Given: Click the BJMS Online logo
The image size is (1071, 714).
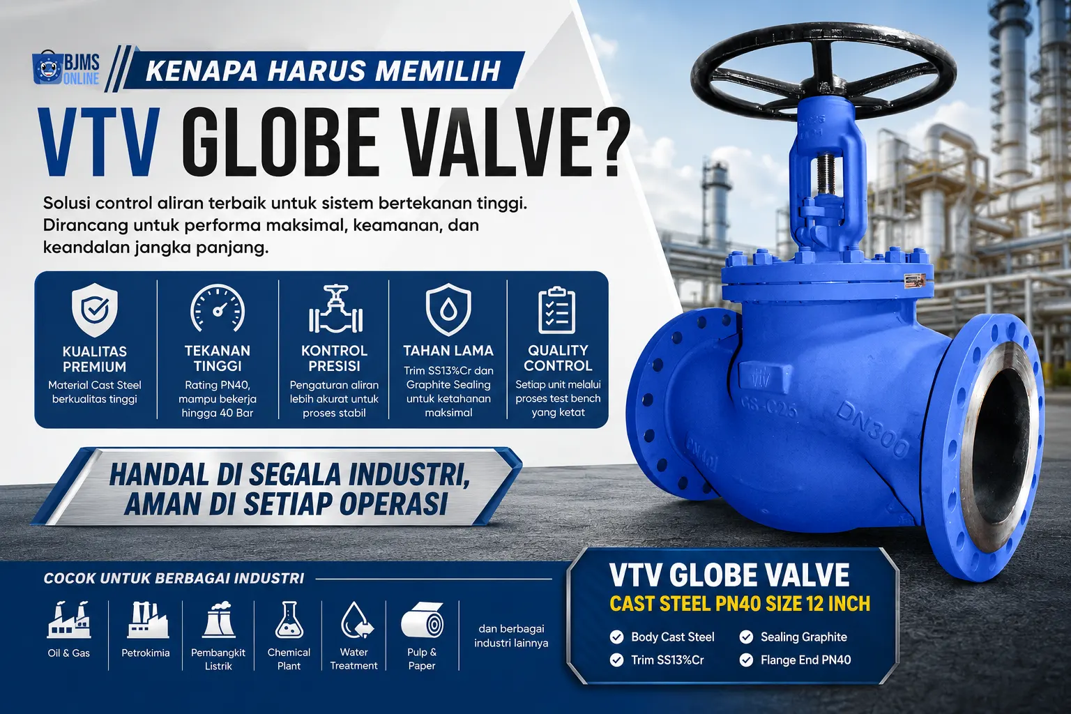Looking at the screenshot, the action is click(66, 70).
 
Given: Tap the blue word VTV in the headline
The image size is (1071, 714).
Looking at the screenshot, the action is click(100, 143).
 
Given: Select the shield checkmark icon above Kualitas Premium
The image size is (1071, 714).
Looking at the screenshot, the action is click(95, 310).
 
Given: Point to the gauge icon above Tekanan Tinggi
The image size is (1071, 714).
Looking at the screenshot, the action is click(218, 308).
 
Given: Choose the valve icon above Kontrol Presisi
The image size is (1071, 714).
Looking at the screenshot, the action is click(335, 309).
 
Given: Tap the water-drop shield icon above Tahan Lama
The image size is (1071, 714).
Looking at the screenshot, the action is click(448, 309).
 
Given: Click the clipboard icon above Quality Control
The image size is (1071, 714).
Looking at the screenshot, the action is click(557, 310).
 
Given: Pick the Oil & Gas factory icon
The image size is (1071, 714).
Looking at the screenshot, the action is click(69, 620).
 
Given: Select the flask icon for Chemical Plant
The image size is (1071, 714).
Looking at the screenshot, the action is click(289, 620).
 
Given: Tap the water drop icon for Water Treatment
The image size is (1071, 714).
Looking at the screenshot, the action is click(357, 620).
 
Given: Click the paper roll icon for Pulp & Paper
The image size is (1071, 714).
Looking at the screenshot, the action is click(422, 620).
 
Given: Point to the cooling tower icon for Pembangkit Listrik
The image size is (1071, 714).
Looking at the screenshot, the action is click(219, 620).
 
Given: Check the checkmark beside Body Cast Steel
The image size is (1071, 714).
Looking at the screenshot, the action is click(617, 637).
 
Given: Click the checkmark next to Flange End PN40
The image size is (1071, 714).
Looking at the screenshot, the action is click(746, 660).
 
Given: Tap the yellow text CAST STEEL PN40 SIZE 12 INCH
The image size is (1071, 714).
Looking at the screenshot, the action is click(740, 604).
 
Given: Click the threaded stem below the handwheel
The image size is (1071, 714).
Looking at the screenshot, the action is click(826, 175).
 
